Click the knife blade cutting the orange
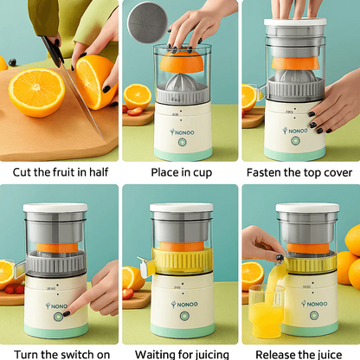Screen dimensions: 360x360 tap(79, 100)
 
